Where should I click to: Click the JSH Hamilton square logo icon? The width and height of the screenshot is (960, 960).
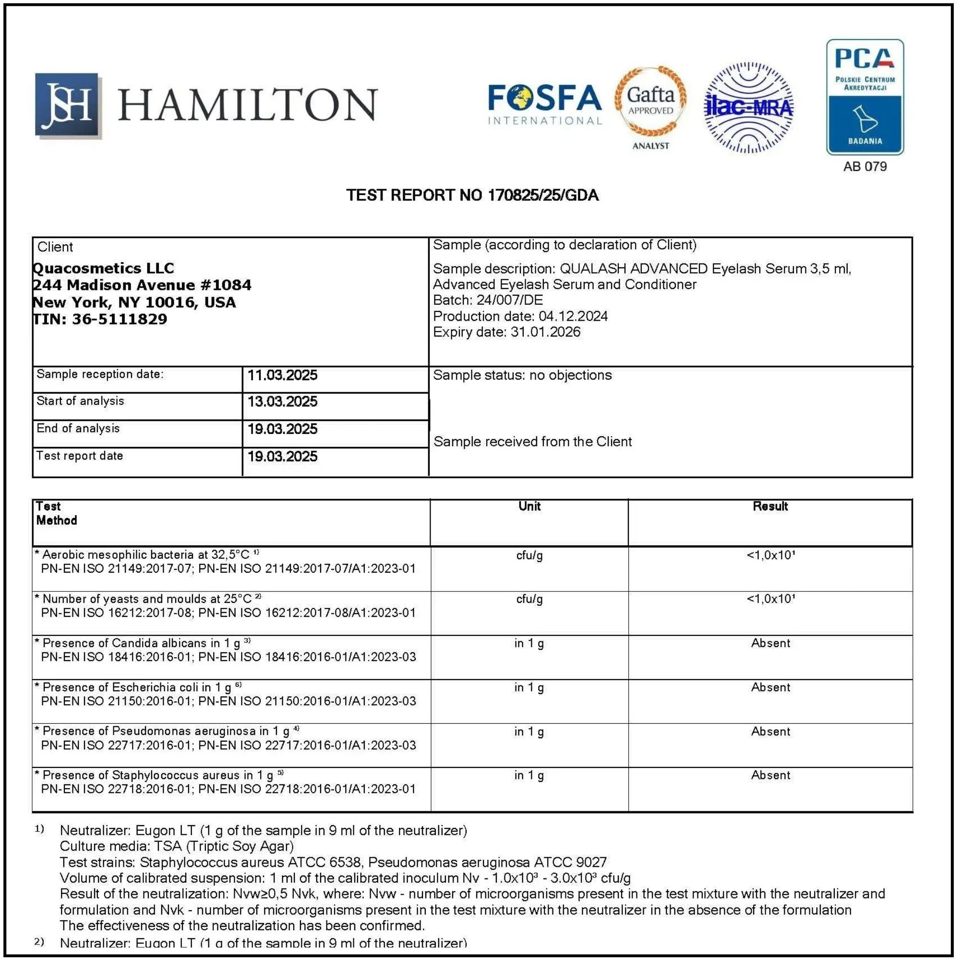click(68, 105)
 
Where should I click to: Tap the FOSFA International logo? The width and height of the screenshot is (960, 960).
click(545, 104)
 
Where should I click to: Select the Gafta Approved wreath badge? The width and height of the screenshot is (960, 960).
click(650, 101)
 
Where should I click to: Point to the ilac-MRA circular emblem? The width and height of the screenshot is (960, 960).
click(749, 108)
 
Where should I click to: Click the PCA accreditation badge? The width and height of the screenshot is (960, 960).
click(864, 97)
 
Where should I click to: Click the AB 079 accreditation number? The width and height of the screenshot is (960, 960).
click(864, 167)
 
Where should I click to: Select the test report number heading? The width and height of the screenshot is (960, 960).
click(472, 195)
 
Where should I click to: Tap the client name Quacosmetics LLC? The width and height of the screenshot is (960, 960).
click(103, 268)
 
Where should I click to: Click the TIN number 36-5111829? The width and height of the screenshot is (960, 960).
click(119, 319)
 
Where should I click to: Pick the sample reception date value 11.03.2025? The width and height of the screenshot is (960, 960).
click(282, 375)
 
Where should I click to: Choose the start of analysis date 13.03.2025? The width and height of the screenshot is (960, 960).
click(282, 401)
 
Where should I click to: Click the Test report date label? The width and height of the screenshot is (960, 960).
click(80, 456)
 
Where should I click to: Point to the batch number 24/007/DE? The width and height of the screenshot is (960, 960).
click(509, 300)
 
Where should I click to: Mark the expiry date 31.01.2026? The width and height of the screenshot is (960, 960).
click(545, 332)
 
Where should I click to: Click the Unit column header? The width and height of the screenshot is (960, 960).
click(529, 506)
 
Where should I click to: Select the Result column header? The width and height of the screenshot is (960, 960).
click(770, 506)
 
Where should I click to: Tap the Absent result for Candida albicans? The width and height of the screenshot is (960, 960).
click(770, 643)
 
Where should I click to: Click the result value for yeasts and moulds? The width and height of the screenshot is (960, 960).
click(770, 599)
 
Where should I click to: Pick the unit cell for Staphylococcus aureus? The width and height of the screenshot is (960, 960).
click(529, 775)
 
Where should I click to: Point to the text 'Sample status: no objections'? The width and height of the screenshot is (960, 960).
click(522, 375)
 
